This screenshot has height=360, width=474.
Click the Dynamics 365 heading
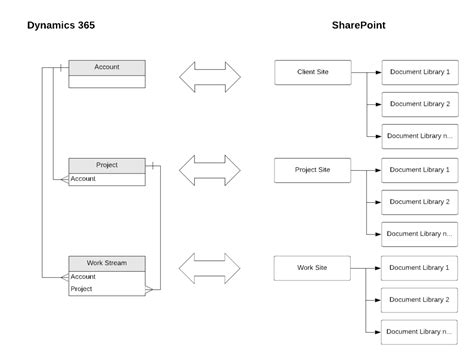tap(61, 25)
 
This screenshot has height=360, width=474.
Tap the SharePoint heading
tap(360, 25)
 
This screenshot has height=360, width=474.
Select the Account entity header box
tap(107, 68)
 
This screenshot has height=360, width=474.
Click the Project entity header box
tap(107, 165)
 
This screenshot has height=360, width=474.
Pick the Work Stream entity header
tap(107, 263)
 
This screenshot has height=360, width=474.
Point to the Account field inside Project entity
tap(84, 179)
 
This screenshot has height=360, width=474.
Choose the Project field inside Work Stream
tap(82, 289)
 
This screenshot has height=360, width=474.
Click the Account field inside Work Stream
tap(84, 276)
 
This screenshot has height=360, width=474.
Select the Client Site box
tap(313, 72)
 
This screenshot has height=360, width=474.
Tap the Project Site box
tap(313, 170)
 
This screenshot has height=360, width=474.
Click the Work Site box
tap(313, 268)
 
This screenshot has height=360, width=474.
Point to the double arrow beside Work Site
tap(210, 268)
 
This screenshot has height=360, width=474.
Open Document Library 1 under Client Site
tap(420, 72)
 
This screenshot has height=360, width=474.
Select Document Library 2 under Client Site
tap(420, 104)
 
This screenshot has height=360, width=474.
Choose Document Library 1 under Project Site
tap(420, 170)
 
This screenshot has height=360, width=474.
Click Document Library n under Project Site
tap(420, 234)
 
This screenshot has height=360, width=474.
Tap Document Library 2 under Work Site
tap(420, 299)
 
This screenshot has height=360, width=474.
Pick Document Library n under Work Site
tap(420, 331)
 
